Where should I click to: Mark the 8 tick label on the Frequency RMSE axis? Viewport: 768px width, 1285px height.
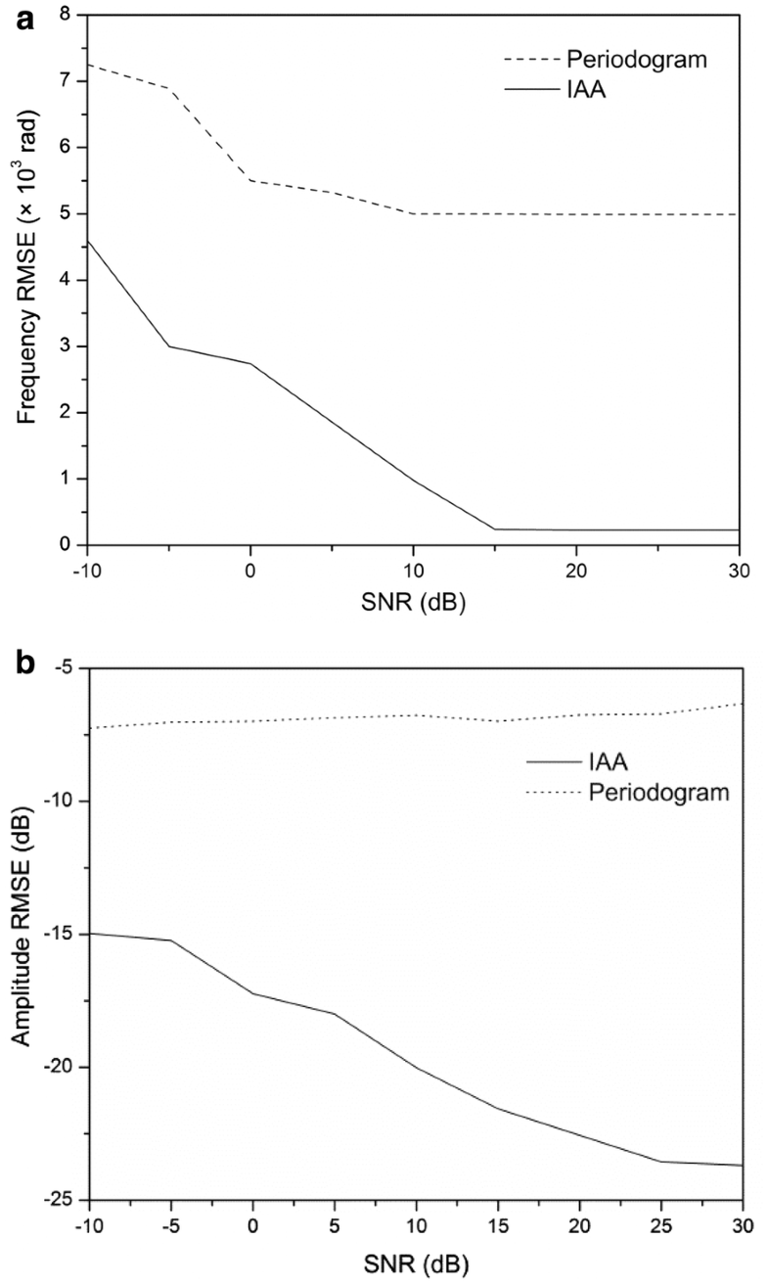pos(65,15)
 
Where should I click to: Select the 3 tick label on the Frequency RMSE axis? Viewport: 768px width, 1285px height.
pos(65,346)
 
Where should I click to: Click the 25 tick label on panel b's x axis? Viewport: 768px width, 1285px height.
pos(661,1224)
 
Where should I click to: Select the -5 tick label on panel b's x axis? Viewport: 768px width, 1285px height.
pos(168,1224)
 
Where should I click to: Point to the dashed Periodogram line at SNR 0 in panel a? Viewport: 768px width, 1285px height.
pos(250,180)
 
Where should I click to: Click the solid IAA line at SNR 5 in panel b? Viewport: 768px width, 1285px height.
pos(334,1013)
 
